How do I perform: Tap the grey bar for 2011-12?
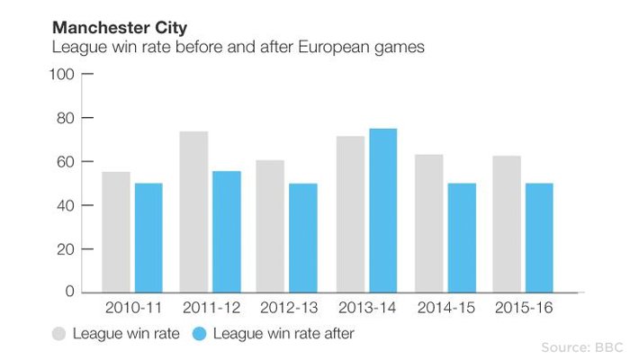click(x=193, y=211)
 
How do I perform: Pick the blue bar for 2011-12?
click(x=227, y=231)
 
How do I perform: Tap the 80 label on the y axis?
click(x=63, y=118)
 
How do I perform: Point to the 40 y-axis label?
click(x=63, y=205)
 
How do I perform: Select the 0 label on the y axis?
click(x=67, y=292)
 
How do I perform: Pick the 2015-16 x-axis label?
click(x=522, y=309)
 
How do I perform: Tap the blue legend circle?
click(x=201, y=334)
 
